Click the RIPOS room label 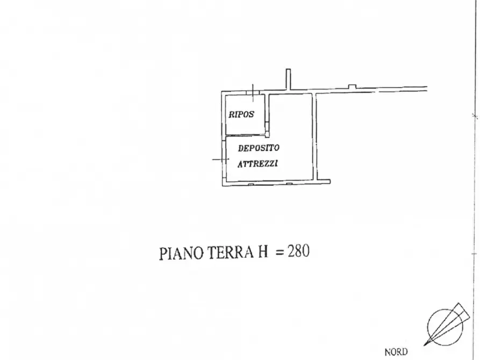[241, 114]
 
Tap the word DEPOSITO [259, 148]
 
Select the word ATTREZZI [258, 164]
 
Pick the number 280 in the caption [298, 251]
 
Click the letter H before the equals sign [263, 252]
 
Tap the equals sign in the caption [280, 253]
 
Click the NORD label [396, 352]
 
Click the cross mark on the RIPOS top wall [253, 92]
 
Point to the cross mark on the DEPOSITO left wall [221, 159]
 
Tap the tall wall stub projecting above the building [288, 80]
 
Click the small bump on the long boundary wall [353, 87]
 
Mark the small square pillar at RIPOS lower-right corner [267, 134]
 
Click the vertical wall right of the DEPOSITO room [314, 136]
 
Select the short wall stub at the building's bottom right [324, 182]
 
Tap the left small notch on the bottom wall [251, 184]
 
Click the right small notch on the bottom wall [289, 184]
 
